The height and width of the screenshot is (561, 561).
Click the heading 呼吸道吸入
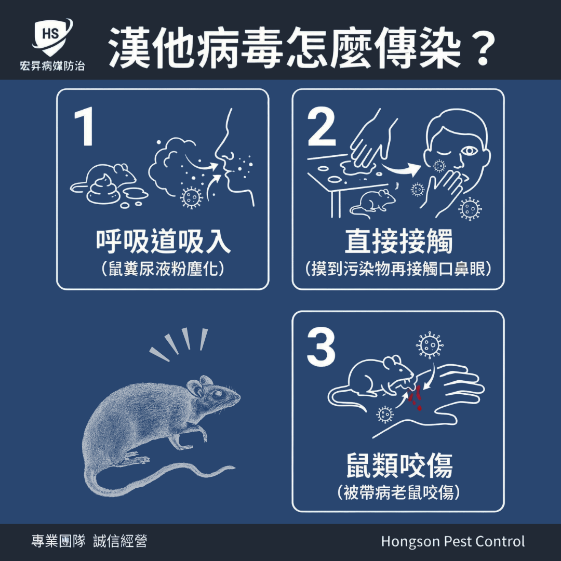pyautogui.click(x=163, y=242)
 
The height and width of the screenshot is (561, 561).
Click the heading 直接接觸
pyautogui.click(x=398, y=242)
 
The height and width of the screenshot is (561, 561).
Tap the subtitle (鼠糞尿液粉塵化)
pyautogui.click(x=163, y=269)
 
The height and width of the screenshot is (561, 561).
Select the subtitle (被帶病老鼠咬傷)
pyautogui.click(x=398, y=492)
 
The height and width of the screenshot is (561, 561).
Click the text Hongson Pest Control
pyautogui.click(x=453, y=541)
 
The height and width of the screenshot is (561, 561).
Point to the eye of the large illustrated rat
pyautogui.click(x=217, y=395)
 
